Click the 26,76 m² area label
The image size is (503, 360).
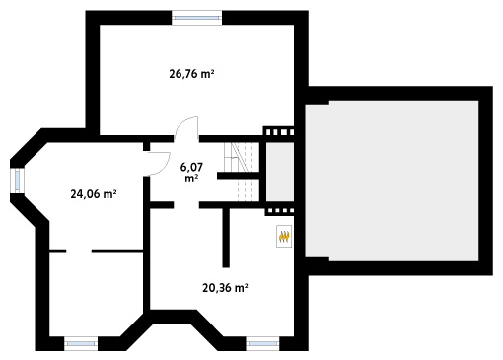(x=191, y=74)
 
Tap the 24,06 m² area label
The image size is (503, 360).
(x=94, y=194)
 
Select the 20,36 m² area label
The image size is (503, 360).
(x=225, y=288)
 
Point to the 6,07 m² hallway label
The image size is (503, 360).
(x=191, y=173)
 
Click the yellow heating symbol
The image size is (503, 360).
(x=284, y=236)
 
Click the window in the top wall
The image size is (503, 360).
(x=197, y=18)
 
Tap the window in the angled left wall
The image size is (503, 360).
(x=17, y=180)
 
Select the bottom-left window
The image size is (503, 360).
(x=81, y=343)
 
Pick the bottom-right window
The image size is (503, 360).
(x=262, y=343)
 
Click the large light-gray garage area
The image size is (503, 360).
(x=392, y=180)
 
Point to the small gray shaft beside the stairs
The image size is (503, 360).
(x=280, y=172)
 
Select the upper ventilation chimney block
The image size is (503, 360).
(x=279, y=131)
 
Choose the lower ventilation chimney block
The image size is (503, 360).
(x=279, y=211)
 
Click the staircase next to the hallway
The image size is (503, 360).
(x=243, y=172)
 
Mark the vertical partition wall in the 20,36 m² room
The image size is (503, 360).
(x=226, y=238)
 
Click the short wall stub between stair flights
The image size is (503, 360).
(x=239, y=176)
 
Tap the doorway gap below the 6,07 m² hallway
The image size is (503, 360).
(x=186, y=205)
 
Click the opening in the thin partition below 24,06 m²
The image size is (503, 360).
(x=79, y=252)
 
